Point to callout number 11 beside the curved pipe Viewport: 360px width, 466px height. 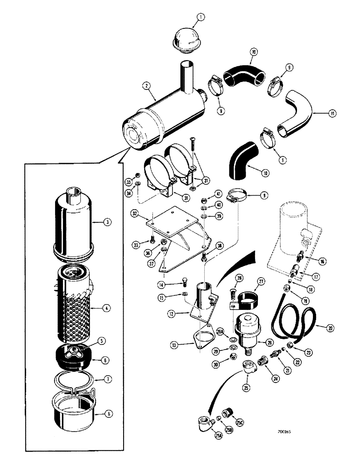(318, 112)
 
